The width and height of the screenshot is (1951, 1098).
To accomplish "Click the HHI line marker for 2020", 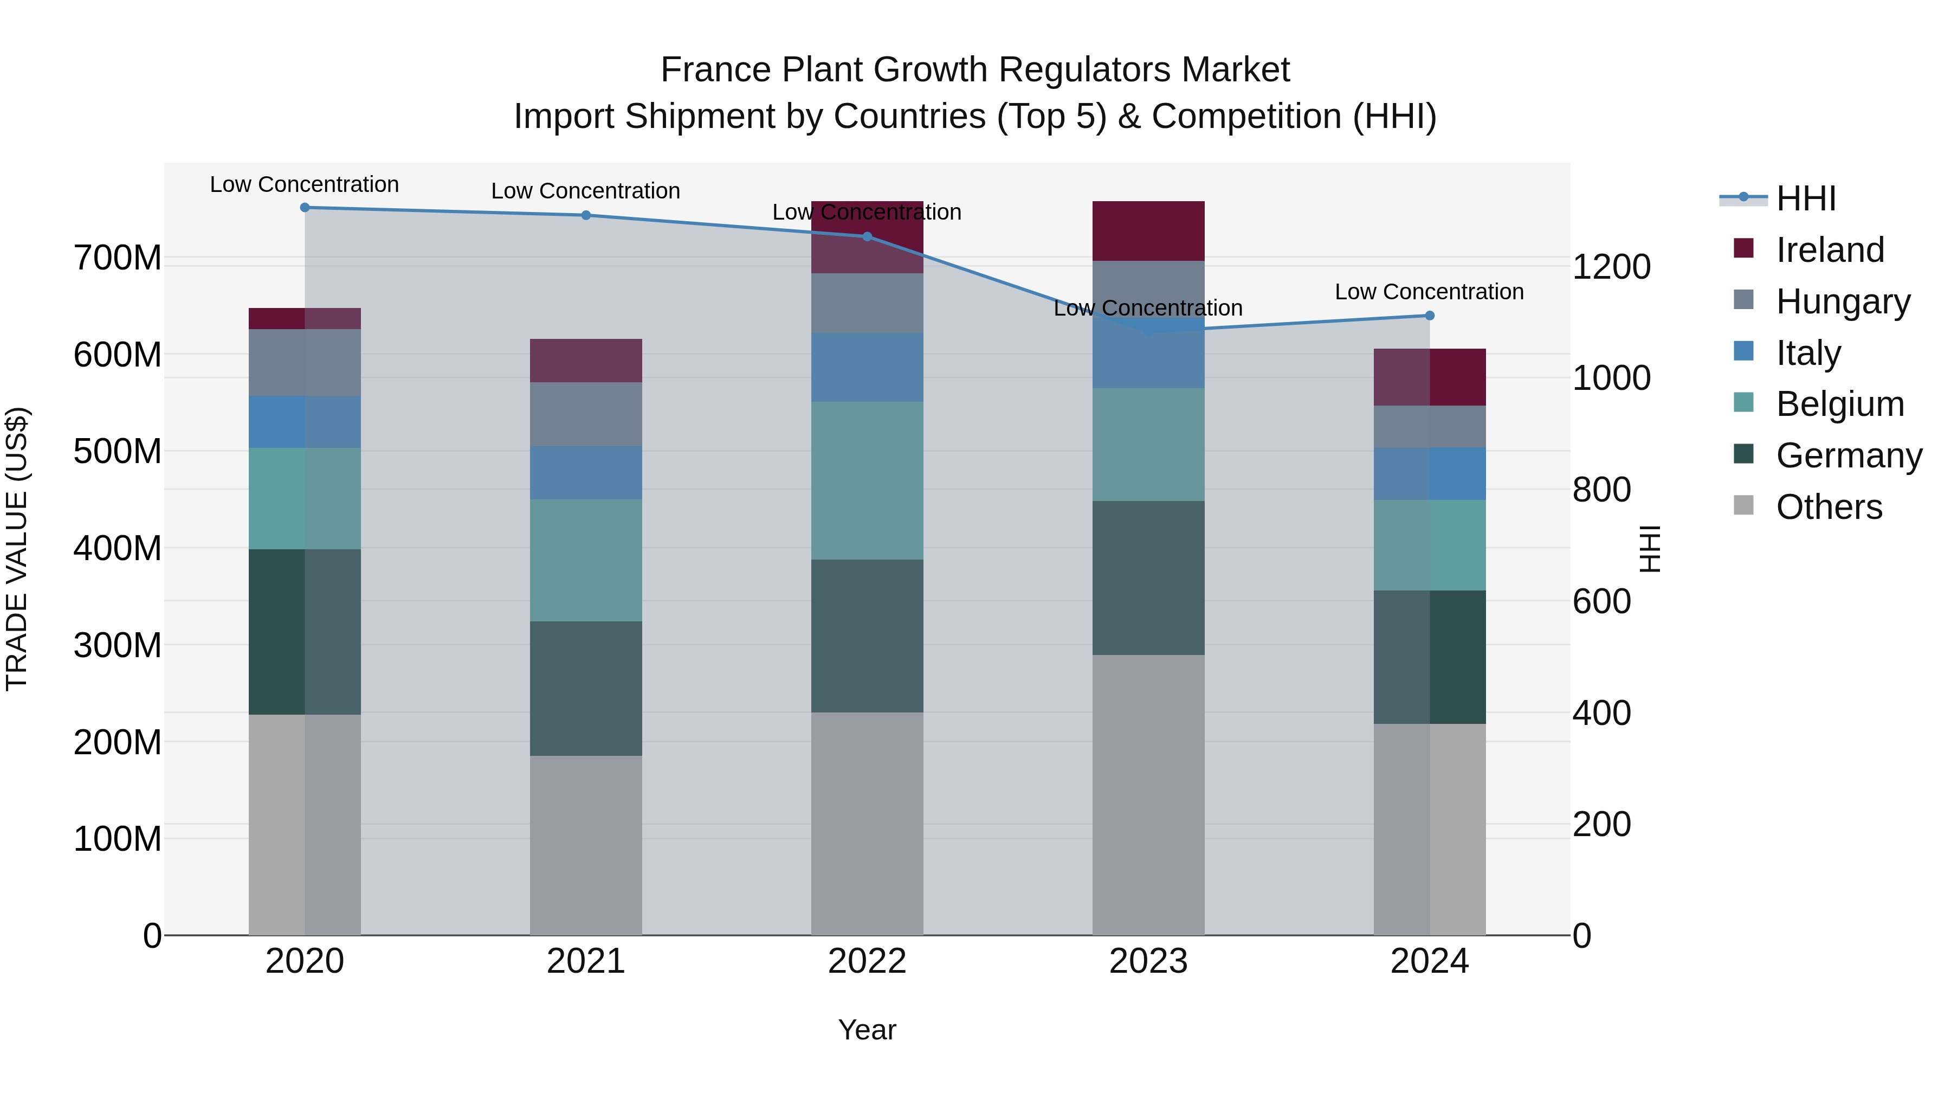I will pyautogui.click(x=305, y=208).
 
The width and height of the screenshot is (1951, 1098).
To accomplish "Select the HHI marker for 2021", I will pyautogui.click(x=585, y=215).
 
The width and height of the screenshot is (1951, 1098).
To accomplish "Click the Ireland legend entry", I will pyautogui.click(x=1829, y=250).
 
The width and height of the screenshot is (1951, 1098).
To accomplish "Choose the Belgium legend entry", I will pyautogui.click(x=1839, y=404).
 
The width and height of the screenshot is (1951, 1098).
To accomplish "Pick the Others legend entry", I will pyautogui.click(x=1829, y=507).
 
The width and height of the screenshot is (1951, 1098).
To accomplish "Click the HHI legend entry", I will pyautogui.click(x=1806, y=198).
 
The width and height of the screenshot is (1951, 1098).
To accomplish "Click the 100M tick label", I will pyautogui.click(x=118, y=839).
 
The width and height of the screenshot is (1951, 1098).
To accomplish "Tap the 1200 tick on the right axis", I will pyautogui.click(x=1612, y=267).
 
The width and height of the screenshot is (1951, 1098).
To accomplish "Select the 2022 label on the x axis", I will pyautogui.click(x=867, y=961).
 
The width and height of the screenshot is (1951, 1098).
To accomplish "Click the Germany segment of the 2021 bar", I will pyautogui.click(x=585, y=688).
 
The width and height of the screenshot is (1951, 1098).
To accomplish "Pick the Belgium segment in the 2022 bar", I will pyautogui.click(x=867, y=480).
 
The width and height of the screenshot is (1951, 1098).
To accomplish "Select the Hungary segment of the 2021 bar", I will pyautogui.click(x=585, y=414).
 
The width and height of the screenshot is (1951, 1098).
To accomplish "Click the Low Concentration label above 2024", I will pyautogui.click(x=1429, y=292).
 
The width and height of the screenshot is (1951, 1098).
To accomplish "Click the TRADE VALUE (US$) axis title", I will pyautogui.click(x=17, y=549).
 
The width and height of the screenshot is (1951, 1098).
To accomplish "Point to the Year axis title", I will pyautogui.click(x=867, y=1030).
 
